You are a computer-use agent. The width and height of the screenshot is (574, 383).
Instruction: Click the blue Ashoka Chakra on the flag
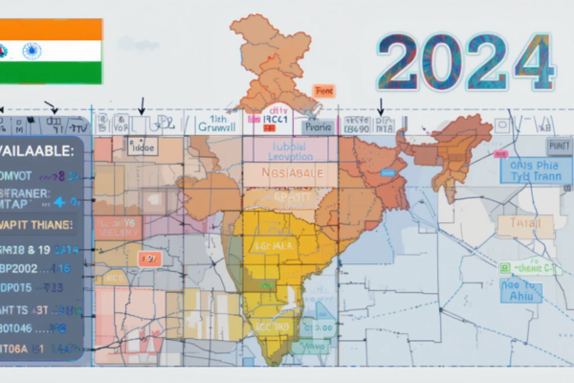tap(32, 51)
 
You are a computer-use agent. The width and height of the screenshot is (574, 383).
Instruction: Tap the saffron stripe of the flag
tap(53, 29)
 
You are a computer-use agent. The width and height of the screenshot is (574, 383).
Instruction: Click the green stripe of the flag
tap(53, 72)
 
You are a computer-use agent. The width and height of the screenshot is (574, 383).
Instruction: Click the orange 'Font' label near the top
tap(324, 92)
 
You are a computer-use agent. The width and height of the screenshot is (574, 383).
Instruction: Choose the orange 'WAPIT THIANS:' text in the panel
tap(37, 225)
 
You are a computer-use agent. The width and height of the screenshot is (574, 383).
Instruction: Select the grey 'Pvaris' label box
tap(317, 125)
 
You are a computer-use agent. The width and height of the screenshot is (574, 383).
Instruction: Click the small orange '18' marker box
tap(149, 259)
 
